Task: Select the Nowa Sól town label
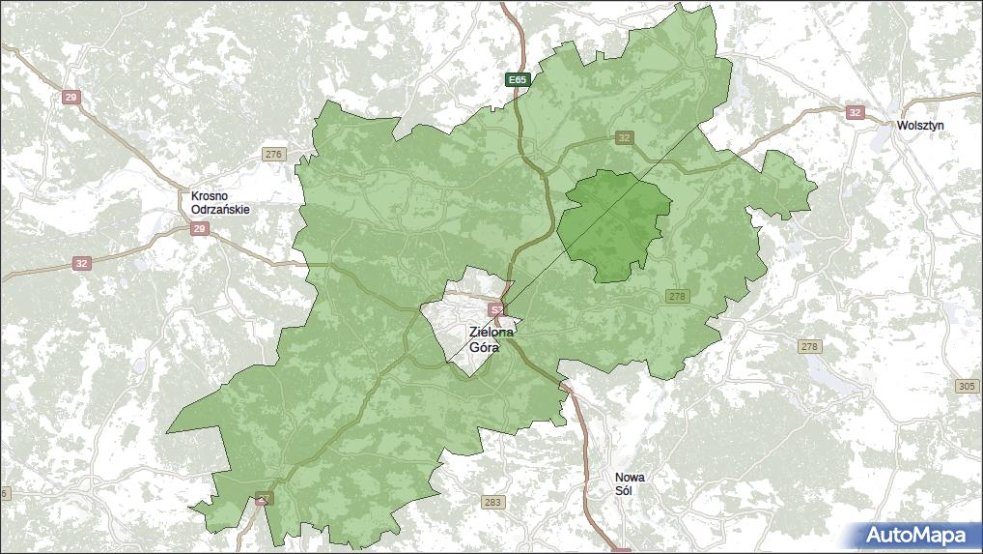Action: (631, 483)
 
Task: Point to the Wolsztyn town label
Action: (920, 126)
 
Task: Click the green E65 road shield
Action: (519, 79)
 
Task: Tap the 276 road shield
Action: (274, 154)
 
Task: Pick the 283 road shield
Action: (492, 502)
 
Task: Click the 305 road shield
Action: (967, 386)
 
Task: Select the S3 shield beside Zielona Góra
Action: (496, 309)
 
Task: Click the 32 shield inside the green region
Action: (625, 137)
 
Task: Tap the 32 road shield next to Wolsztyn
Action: (854, 112)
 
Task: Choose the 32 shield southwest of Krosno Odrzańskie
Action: (81, 263)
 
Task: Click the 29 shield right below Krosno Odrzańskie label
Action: (199, 229)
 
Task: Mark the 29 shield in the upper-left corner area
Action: (70, 98)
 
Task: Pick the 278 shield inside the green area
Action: (677, 296)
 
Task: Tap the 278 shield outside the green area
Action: (809, 346)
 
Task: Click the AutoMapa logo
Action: (914, 535)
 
